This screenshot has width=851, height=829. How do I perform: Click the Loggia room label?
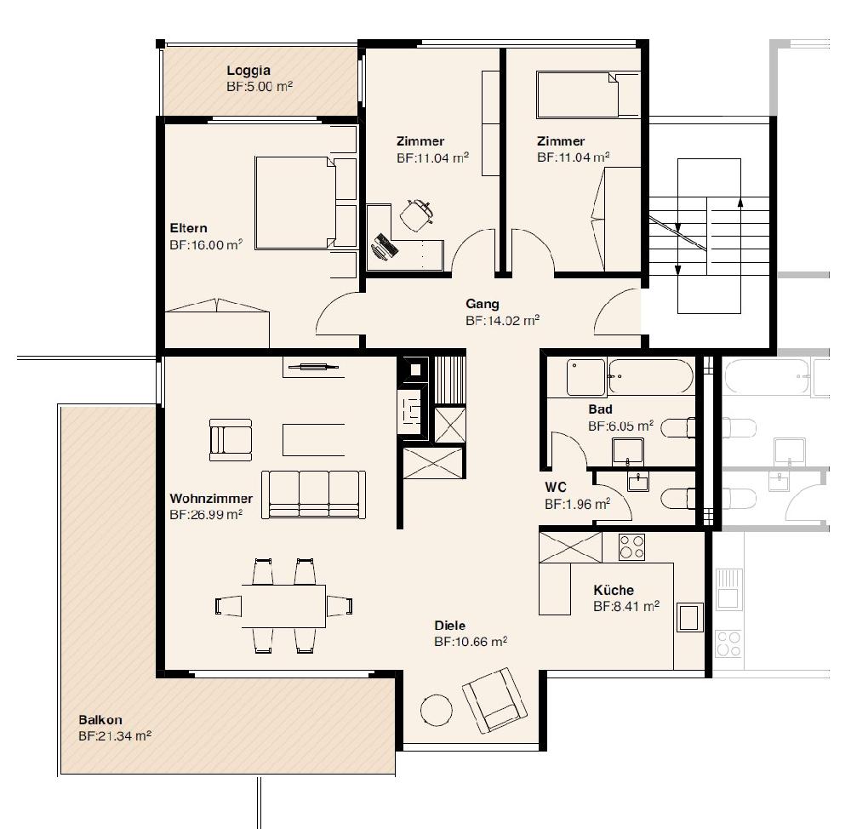click(x=248, y=70)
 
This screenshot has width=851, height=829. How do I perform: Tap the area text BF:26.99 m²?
click(x=206, y=514)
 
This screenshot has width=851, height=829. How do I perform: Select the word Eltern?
click(x=188, y=228)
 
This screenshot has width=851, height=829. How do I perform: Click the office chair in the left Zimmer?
click(x=417, y=215)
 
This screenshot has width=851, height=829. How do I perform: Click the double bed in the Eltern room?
click(x=294, y=203)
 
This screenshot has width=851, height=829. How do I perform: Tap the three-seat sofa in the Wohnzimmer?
click(x=313, y=495)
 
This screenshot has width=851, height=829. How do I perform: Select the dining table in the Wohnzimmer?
click(x=283, y=606)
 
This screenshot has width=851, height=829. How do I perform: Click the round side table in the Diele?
click(x=437, y=710)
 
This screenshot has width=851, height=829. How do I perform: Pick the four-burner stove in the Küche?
click(x=631, y=547)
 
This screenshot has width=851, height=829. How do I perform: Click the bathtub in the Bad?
click(x=650, y=376)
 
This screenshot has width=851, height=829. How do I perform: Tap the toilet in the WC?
click(x=678, y=499)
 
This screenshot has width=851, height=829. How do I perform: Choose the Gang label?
click(x=482, y=304)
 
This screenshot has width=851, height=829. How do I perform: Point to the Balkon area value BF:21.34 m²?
click(x=115, y=736)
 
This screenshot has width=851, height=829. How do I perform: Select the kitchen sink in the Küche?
click(x=689, y=617)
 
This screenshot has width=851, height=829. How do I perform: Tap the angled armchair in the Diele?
click(x=494, y=700)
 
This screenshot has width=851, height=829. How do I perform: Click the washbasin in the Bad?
click(x=628, y=452)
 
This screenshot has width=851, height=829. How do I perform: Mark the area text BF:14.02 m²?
click(x=502, y=320)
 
